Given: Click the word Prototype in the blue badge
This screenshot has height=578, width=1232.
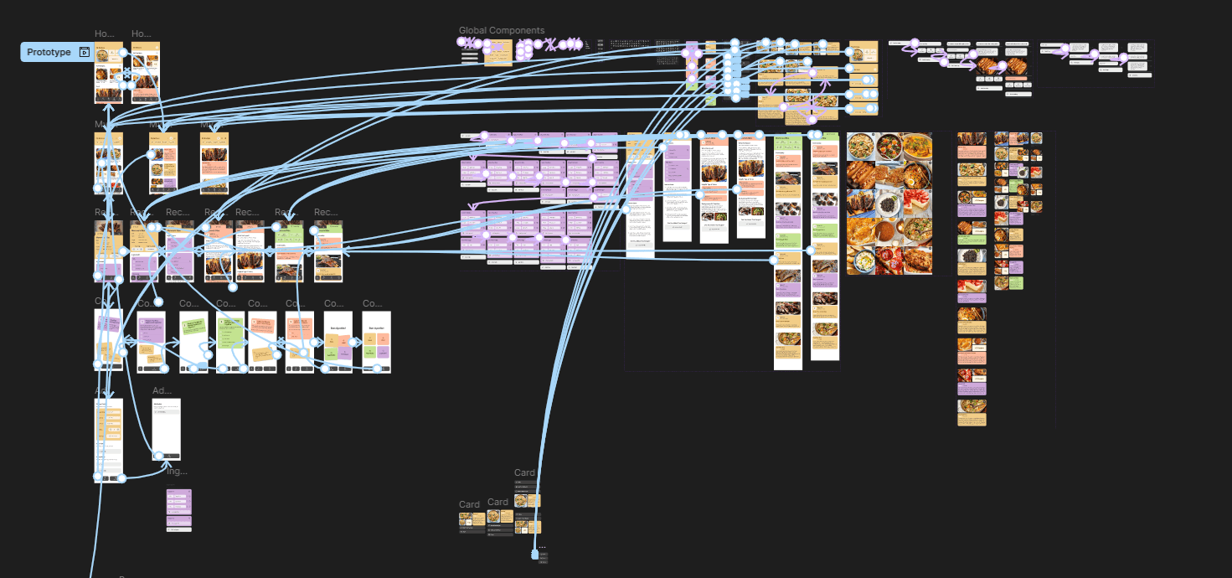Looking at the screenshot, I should [x=49, y=53].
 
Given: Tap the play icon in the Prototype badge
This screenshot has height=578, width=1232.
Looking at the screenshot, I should [x=84, y=53].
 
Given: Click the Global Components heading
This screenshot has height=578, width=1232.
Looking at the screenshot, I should [x=501, y=31].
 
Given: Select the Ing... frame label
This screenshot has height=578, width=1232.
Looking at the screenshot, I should [x=177, y=472].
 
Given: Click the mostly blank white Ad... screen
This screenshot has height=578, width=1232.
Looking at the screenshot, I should [x=166, y=429].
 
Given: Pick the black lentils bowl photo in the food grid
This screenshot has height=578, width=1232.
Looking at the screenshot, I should [x=889, y=204].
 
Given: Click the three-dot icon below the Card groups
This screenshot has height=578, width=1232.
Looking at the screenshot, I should [x=542, y=546].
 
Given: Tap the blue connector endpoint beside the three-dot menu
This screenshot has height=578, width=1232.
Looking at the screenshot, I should [x=535, y=555].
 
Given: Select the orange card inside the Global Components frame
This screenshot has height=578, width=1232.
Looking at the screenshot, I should [x=498, y=53].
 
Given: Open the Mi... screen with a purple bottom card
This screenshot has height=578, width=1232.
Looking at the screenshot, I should [x=163, y=163].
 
